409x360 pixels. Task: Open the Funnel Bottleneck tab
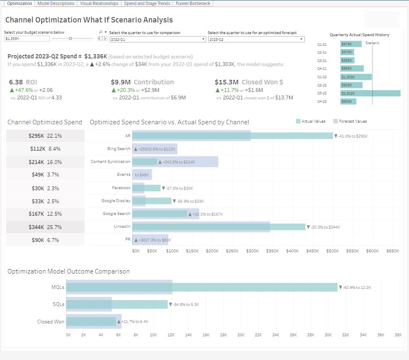[x=193, y=3]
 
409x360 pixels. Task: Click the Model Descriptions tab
[x=56, y=3]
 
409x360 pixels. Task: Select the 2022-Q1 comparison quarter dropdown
[x=158, y=39]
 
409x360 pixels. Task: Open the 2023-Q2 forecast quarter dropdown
[x=256, y=39]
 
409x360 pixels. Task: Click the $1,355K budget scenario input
[x=27, y=39]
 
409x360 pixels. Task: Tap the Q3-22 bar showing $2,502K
[x=370, y=94]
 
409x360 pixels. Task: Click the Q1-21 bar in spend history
[x=350, y=44]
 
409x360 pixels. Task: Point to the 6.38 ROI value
[x=16, y=82]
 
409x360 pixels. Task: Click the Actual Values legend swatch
[x=298, y=121]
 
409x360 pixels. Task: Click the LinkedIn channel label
[x=122, y=227]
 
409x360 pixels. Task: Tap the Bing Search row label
[x=118, y=149]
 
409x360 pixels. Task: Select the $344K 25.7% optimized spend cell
[x=45, y=227]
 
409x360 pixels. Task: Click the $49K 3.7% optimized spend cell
[x=45, y=175]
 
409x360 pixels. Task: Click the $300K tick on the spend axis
[x=252, y=251]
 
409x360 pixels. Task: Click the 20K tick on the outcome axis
[x=241, y=334]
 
